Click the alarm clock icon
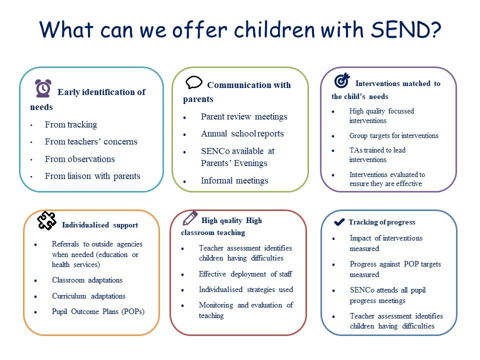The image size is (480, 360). coord(43,88)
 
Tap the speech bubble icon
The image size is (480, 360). coord(194,82)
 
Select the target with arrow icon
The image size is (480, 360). coord(342,80)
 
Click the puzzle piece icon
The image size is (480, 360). coord(46,220)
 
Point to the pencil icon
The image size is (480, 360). coord(190,218)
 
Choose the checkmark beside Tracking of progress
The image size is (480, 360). coord(339,222)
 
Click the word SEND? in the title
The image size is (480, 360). coord(406,29)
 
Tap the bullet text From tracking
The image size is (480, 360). coord(71,124)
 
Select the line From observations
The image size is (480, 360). coord(80,159)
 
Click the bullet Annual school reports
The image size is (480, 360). coord(242,134)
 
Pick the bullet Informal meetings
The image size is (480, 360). coord(234,180)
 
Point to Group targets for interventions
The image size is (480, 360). coord(394,135)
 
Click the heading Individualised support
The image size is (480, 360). coord(100,225)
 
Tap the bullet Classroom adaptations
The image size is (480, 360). coord(87,280)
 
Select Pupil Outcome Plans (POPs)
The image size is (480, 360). coord(98,311)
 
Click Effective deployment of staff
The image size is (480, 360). coord(245,274)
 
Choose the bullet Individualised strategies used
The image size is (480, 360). coord(246,289)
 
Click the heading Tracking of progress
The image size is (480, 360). coord(382,222)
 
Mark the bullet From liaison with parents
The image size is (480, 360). coord(92,176)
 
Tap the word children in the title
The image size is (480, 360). coord(274,29)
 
